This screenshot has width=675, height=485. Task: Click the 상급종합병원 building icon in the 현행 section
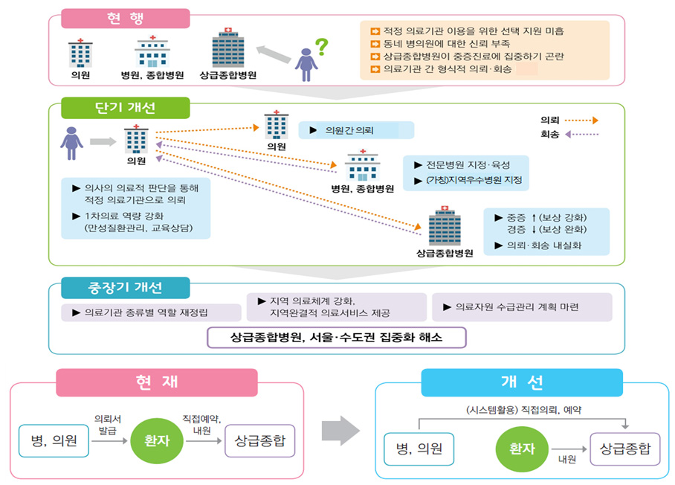[228, 50]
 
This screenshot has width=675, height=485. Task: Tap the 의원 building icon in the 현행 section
[80, 54]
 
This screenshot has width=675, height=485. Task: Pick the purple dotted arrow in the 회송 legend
[581, 135]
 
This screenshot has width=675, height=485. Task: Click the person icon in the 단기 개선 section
[71, 142]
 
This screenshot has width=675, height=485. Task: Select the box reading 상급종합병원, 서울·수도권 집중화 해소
[337, 337]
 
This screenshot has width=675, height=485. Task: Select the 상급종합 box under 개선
[624, 449]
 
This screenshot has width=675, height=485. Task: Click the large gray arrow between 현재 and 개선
[340, 431]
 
